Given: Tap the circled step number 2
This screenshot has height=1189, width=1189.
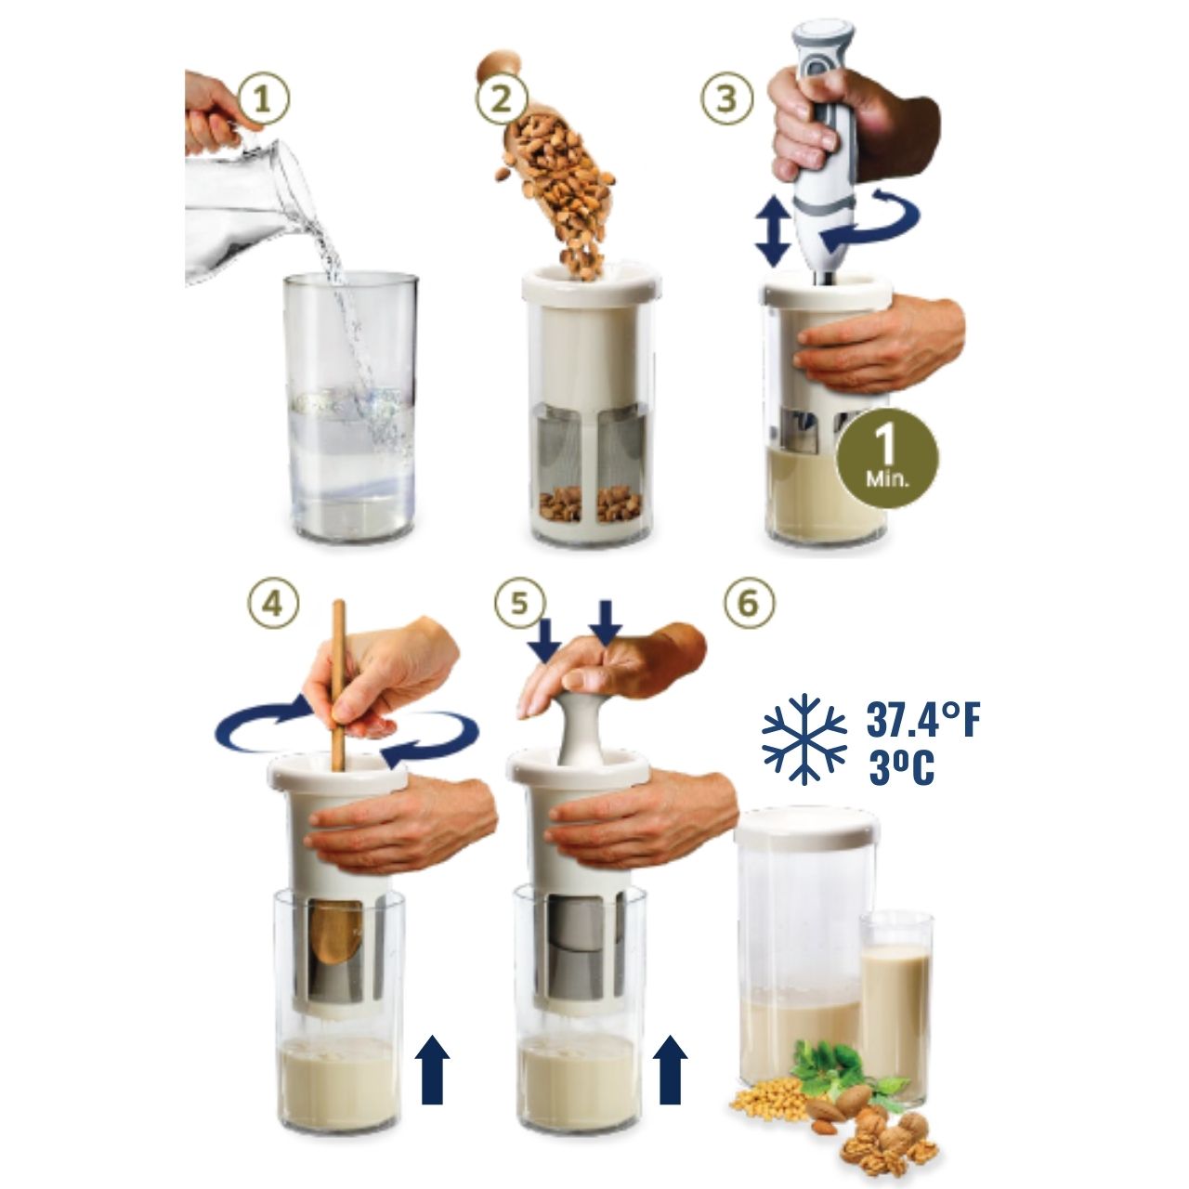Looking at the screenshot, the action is coord(501,98).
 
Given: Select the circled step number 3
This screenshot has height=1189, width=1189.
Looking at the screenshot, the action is coord(726,98).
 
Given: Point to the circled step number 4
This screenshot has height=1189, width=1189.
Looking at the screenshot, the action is coord(272,603).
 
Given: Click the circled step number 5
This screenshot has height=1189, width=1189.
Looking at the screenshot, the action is coord(519,603).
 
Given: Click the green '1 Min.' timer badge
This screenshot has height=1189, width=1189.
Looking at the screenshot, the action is coord(887,457).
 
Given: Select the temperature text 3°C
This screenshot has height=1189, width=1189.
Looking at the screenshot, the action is coord(901,767).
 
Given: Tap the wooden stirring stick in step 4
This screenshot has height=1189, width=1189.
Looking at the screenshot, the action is coord(339,685).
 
